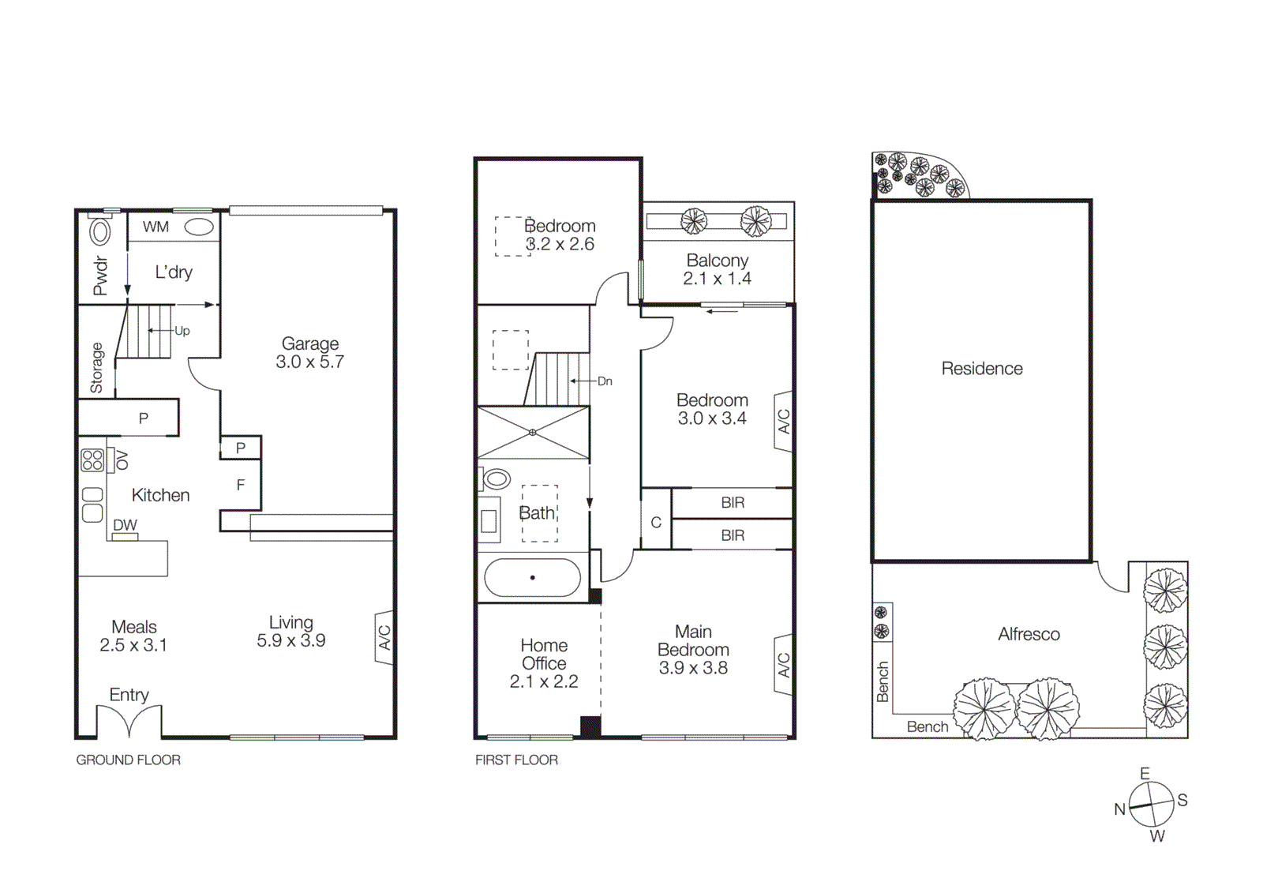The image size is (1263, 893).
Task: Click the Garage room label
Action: point(310,344)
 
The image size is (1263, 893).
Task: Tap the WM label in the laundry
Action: point(156,227)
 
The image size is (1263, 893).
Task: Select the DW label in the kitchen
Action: point(125,525)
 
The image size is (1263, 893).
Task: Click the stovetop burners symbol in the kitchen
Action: point(92,460)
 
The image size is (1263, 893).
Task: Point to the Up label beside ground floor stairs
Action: point(182,331)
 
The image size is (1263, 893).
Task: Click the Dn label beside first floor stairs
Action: point(605,381)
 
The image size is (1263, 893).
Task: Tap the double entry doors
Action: point(129,722)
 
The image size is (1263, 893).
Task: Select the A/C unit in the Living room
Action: point(384,637)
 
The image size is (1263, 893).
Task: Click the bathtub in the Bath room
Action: point(532,578)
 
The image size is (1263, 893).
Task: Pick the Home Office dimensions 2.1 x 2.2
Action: point(544,681)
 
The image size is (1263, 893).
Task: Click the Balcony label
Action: point(717,261)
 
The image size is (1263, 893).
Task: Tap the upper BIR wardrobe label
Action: point(733,503)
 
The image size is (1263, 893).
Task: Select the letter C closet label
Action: point(656,523)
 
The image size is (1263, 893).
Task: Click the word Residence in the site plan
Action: point(981,369)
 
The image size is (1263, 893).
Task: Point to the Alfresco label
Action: point(1029,634)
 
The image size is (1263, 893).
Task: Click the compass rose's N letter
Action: point(1119,809)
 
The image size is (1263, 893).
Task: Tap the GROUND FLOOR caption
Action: point(128,760)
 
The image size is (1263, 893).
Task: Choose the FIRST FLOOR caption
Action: point(516,760)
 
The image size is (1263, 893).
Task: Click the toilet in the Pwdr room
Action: point(100,232)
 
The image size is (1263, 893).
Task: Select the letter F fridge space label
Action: point(241,485)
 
